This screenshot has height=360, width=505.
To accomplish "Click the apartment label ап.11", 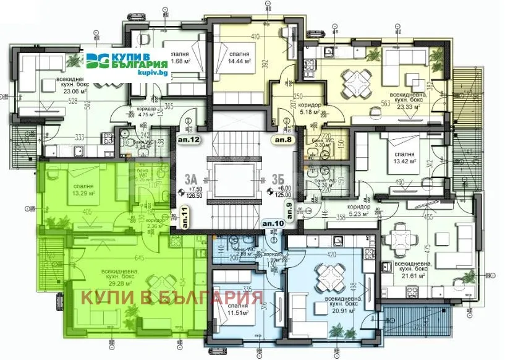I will coord(185,218).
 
